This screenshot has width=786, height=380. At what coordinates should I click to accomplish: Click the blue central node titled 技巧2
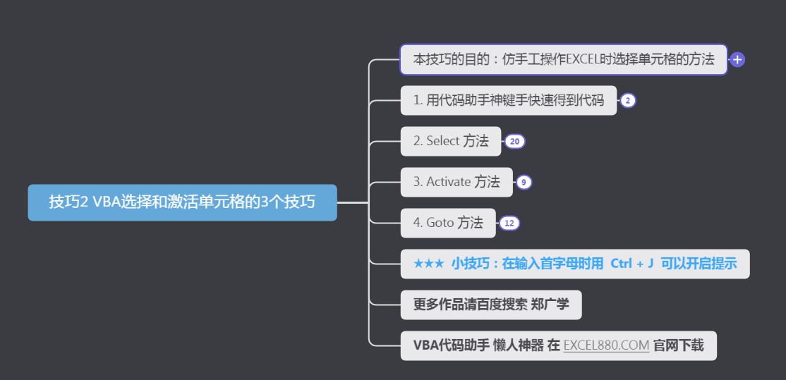click(182, 202)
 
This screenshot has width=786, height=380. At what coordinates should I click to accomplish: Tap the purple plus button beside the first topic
click(737, 60)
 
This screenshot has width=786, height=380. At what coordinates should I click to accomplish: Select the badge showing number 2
click(628, 101)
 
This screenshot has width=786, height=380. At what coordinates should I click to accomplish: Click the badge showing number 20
click(514, 142)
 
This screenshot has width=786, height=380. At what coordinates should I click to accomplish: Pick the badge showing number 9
click(523, 183)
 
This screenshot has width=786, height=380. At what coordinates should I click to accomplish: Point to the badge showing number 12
click(509, 223)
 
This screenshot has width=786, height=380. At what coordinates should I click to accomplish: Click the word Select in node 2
click(443, 141)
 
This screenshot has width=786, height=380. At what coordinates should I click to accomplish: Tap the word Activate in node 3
click(448, 182)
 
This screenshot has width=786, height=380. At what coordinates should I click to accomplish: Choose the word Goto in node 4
click(440, 223)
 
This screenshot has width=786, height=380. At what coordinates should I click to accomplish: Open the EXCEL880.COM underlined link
click(606, 345)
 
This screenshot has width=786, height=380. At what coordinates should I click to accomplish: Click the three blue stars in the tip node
click(428, 264)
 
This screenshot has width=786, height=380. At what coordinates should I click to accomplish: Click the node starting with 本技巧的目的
click(563, 59)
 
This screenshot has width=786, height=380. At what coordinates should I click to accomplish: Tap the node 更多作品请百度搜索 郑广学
click(491, 305)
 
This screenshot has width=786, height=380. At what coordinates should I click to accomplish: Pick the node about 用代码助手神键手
click(508, 100)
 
